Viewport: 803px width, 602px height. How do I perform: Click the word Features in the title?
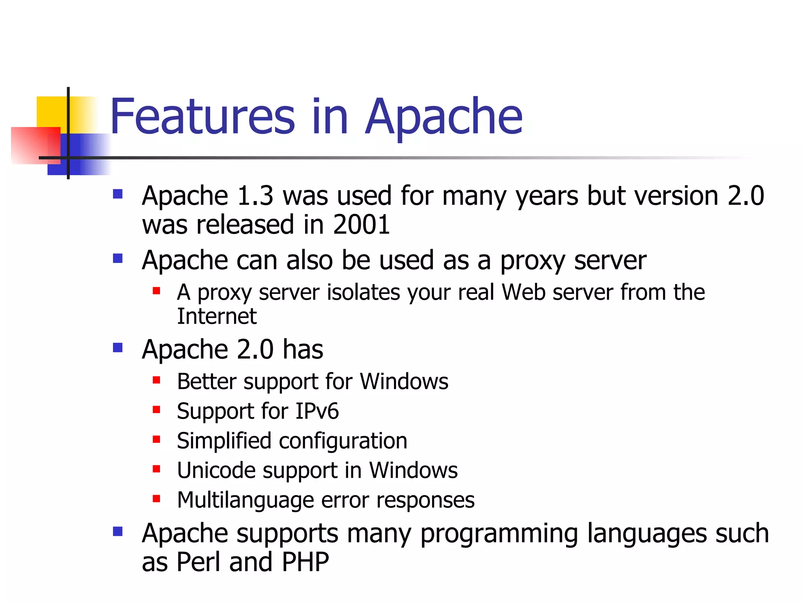pos(202,116)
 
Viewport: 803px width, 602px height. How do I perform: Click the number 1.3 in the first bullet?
pos(255,196)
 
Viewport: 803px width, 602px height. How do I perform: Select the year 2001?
pos(361,225)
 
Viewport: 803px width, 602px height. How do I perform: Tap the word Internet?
pos(217,316)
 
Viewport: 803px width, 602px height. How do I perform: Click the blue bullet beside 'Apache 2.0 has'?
pos(118,348)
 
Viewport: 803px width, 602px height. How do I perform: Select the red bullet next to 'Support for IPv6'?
pos(156,410)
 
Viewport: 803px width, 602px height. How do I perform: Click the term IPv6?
pos(317,411)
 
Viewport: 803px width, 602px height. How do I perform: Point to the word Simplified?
pos(224,441)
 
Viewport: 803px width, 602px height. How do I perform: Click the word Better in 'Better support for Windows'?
pos(206,381)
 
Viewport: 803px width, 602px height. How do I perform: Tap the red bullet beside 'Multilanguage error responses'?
pos(156,499)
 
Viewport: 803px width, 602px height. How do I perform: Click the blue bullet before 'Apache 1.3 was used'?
pos(118,194)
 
